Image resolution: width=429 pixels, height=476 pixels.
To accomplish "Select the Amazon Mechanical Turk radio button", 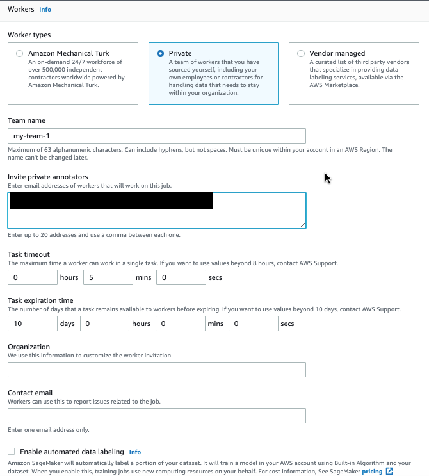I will click(20, 54).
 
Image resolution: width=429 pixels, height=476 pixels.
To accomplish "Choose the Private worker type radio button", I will click(160, 54).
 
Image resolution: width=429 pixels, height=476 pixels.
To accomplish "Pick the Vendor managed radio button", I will click(301, 54).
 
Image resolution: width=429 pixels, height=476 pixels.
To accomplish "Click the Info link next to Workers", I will click(45, 10).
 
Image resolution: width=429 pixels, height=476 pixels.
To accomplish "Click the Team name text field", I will click(157, 136).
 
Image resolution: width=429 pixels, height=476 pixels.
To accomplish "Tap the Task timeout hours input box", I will click(33, 277).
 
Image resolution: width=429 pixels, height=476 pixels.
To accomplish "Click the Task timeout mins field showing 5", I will click(108, 277).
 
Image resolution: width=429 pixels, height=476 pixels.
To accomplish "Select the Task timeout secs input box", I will click(181, 277).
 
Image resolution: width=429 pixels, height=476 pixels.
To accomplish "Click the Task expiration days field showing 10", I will click(33, 324).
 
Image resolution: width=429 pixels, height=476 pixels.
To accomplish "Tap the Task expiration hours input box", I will click(105, 324).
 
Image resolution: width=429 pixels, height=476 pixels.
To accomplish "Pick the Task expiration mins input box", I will click(181, 324).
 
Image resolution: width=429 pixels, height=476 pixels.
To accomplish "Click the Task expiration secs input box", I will click(253, 324).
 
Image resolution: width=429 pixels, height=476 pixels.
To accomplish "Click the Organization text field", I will click(157, 370).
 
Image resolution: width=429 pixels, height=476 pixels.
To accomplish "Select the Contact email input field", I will click(157, 416).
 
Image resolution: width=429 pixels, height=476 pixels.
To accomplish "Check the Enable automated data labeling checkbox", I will click(12, 452).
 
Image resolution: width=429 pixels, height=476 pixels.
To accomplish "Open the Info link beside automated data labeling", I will click(134, 452).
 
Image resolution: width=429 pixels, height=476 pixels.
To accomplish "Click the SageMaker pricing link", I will click(372, 471).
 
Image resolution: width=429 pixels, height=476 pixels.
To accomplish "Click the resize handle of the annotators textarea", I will click(302, 225).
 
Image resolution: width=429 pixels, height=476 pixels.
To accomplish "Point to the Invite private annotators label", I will click(48, 177).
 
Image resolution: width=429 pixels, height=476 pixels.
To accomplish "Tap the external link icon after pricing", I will click(389, 471).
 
